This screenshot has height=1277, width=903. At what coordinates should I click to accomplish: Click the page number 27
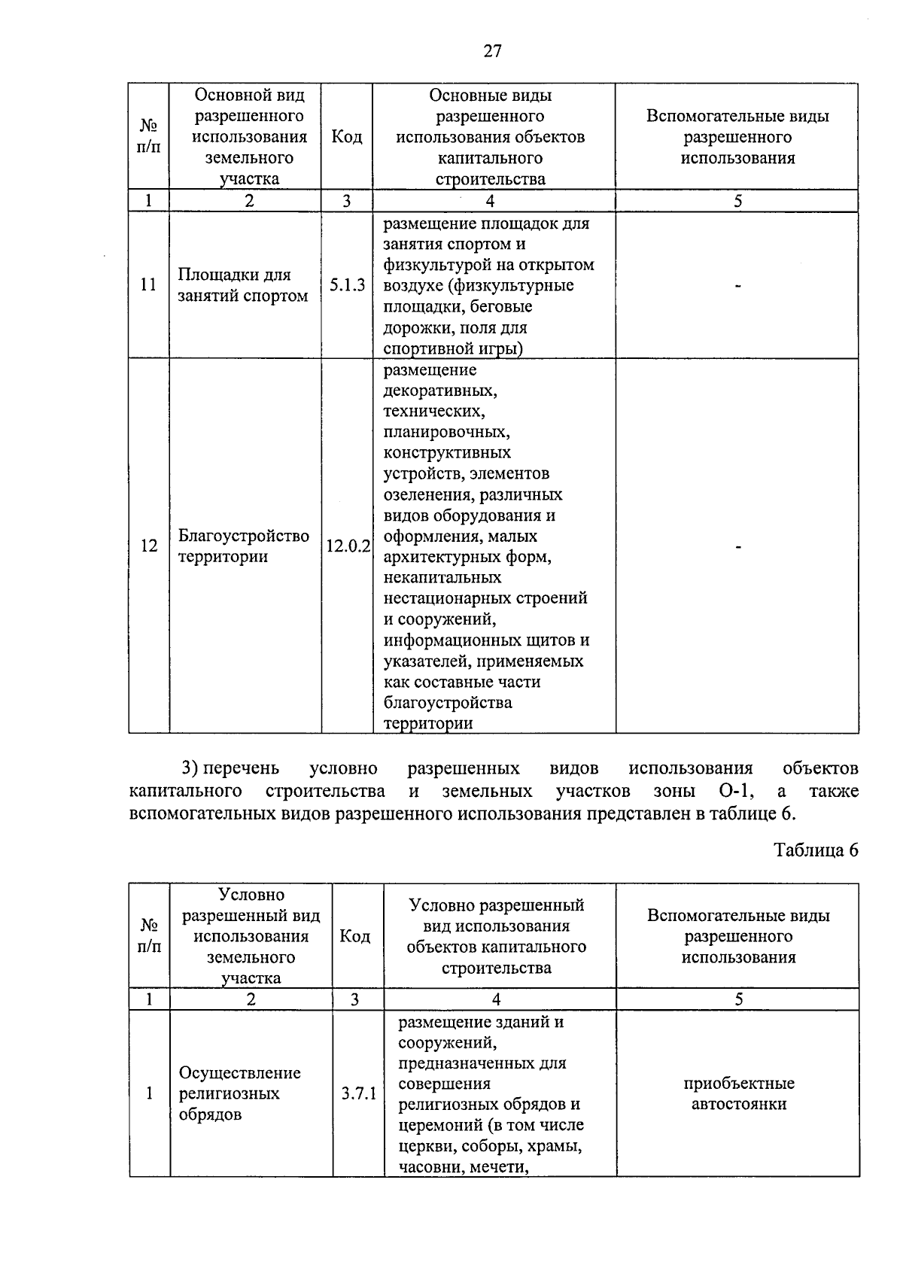492,51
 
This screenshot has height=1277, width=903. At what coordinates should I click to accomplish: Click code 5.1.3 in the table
347,285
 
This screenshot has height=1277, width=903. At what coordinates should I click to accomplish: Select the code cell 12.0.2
348,546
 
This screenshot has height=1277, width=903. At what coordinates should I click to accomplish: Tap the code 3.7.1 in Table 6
358,1093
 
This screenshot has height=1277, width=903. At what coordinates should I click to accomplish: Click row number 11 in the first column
149,285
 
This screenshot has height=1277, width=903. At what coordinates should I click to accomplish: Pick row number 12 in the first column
149,546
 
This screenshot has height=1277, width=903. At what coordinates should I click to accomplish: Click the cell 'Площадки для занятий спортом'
243,285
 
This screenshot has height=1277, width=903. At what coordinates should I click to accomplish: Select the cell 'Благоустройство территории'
243,546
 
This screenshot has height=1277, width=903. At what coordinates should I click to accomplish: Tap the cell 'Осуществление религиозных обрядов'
240,1093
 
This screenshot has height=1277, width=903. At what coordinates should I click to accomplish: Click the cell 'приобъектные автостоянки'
738,1093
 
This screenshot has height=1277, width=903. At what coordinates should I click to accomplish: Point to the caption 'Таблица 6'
816,850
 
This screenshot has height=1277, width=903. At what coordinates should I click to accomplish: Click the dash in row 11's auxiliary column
738,286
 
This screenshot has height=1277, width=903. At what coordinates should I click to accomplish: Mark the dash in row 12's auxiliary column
738,546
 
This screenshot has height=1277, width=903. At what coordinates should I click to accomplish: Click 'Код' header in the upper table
347,137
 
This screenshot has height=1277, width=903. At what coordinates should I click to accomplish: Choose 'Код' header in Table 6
355,936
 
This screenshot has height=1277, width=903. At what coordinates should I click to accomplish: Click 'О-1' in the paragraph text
727,792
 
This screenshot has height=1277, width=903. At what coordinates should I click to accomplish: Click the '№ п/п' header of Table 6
149,936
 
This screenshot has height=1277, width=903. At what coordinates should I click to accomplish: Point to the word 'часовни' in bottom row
424,1168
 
